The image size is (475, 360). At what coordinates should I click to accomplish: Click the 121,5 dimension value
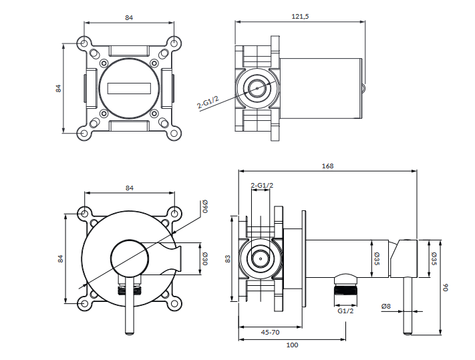tap(300, 16)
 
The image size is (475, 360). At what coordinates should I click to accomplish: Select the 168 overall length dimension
tap(327, 166)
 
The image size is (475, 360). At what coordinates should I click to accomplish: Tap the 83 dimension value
tap(228, 258)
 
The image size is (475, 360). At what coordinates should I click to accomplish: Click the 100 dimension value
tap(291, 345)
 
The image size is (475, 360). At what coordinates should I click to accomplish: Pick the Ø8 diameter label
tap(386, 307)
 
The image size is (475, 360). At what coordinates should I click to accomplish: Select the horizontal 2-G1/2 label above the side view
tap(261, 185)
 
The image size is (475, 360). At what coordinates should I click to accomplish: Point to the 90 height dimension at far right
tap(447, 288)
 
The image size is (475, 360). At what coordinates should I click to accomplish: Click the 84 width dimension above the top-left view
tap(129, 17)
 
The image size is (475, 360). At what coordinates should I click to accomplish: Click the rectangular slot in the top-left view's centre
tap(130, 87)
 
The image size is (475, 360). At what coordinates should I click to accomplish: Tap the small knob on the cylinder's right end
tap(363, 86)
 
